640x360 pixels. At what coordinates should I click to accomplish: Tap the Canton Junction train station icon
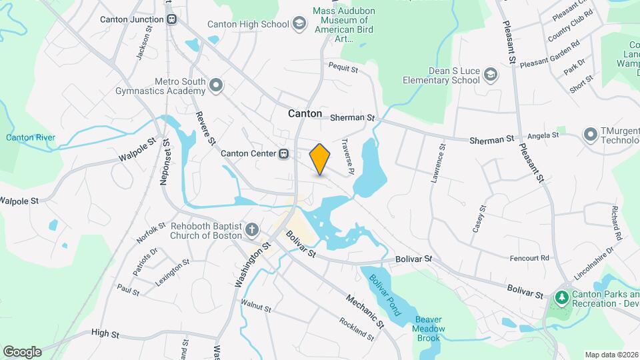tap(172, 19)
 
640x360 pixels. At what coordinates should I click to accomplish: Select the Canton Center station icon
tap(284, 154)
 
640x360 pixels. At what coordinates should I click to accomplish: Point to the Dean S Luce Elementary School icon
tap(491, 74)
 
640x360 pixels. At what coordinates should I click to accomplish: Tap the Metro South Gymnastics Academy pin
tap(215, 85)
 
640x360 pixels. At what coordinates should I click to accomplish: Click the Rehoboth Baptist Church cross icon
tap(252, 231)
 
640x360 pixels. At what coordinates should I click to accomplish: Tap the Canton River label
tap(31, 138)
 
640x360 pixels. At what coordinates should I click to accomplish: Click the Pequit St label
tap(343, 68)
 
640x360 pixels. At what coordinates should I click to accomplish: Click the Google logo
tap(22, 352)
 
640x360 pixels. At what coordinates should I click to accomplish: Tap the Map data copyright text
tap(611, 355)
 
